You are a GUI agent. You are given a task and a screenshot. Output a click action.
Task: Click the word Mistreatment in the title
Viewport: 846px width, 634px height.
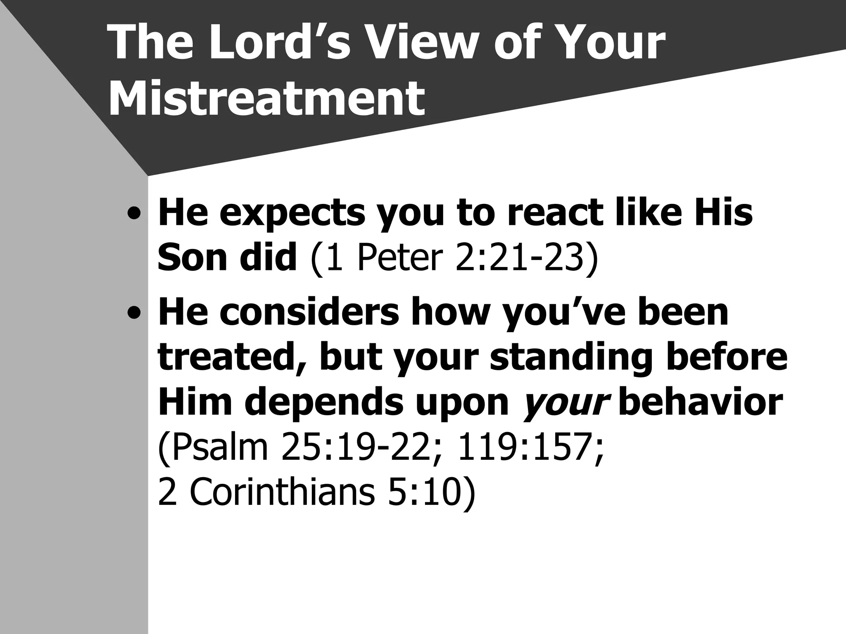point(266,99)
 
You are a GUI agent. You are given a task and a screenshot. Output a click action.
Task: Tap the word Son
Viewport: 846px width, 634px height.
point(192,258)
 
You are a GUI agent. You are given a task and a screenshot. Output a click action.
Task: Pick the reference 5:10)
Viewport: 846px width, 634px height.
point(431,493)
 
